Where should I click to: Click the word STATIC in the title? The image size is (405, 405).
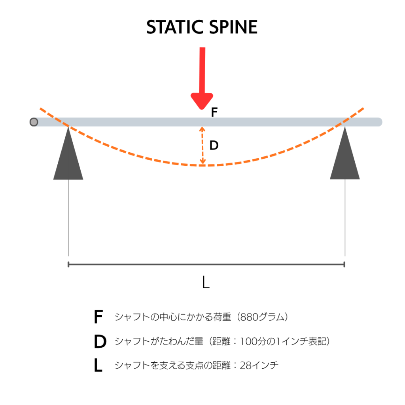click(175, 27)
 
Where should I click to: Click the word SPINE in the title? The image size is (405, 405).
click(233, 27)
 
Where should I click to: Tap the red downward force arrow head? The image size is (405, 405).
click(202, 101)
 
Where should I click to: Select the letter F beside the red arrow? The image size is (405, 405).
click(214, 112)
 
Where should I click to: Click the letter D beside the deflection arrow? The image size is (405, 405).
click(214, 145)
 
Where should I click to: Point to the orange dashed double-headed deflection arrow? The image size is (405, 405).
click(202, 146)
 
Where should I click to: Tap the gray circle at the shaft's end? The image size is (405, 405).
click(34, 122)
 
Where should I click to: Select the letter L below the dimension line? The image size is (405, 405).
click(206, 282)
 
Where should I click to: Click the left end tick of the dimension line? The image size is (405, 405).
click(68, 265)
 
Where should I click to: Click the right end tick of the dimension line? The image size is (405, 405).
click(344, 265)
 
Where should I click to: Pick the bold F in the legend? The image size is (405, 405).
click(98, 317)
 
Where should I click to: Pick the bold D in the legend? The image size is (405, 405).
click(100, 341)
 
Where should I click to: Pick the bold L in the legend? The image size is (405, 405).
click(98, 365)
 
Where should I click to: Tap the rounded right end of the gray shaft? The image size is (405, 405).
click(379, 122)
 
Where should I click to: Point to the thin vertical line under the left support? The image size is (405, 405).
click(68, 218)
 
